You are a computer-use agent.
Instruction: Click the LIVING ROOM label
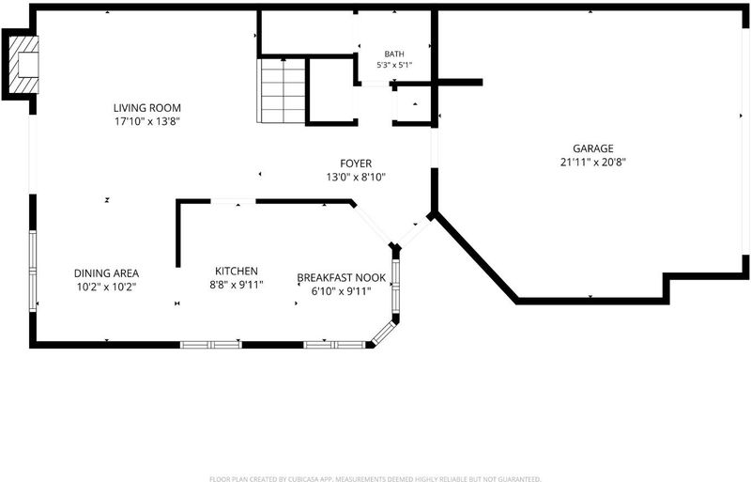[147, 108]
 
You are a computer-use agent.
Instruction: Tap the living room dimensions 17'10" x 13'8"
[147, 121]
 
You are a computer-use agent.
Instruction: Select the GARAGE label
[593, 148]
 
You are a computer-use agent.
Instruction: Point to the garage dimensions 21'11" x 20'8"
[593, 163]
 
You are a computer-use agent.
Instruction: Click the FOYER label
[356, 164]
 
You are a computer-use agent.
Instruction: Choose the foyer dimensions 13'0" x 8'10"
[356, 178]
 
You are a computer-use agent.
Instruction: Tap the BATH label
[394, 54]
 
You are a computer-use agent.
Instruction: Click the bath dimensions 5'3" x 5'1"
[394, 65]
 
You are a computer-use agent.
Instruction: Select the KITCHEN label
[237, 272]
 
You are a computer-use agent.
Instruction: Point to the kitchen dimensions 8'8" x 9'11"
[237, 285]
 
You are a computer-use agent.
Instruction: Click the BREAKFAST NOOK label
[342, 278]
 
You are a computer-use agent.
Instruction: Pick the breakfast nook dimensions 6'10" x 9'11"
[342, 291]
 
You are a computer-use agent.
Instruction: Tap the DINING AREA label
[106, 273]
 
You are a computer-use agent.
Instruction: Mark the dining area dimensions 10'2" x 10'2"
[106, 287]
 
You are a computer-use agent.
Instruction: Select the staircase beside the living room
[282, 90]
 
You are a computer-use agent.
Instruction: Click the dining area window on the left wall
[33, 272]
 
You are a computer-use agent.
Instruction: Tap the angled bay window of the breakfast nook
[384, 334]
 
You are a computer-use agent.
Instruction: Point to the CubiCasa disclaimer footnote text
[375, 478]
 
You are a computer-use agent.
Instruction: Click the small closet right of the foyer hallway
[413, 104]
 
